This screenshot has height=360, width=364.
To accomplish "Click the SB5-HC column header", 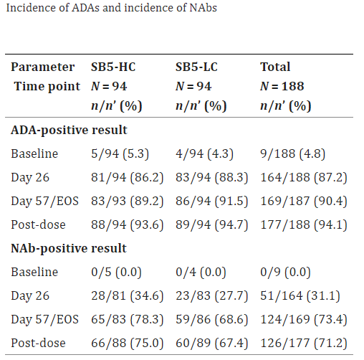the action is tap(113, 67).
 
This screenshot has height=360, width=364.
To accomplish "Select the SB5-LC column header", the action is tap(196, 67).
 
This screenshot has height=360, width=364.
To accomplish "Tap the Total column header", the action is tap(275, 67).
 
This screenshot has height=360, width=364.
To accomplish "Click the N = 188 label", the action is tap(282, 86).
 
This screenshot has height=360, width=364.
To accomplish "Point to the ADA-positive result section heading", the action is tap(69, 131).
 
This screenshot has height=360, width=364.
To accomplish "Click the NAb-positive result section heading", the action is tap(69, 248).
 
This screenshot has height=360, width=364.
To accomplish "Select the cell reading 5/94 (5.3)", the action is tap(120, 153).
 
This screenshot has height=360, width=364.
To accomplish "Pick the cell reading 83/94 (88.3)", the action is tap(211, 177).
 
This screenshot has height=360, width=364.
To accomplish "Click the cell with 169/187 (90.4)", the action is tap(304, 201).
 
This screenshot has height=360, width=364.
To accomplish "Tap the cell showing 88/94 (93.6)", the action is tap(127, 224).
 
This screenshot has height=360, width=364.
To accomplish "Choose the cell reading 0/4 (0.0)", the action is tap(201, 272).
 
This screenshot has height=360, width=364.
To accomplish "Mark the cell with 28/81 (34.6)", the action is tap(127, 295).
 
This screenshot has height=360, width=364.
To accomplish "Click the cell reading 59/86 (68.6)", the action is tap(211, 319).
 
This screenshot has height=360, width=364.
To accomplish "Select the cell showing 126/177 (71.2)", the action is tap(304, 343).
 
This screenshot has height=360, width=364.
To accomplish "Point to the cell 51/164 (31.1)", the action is tap(300, 295).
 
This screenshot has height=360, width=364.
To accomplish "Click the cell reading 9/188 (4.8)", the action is tap(292, 153).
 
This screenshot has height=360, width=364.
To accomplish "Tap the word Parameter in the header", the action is tap(43, 67).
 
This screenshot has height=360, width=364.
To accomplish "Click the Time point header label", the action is tap(47, 86).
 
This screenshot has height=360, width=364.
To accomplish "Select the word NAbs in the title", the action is tap(203, 8).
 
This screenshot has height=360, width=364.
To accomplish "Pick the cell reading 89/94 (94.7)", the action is tap(211, 224).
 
